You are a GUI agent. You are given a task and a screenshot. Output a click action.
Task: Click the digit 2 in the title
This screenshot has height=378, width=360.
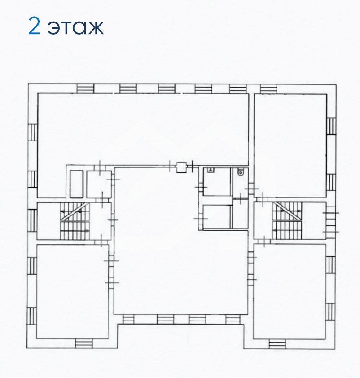(34, 26)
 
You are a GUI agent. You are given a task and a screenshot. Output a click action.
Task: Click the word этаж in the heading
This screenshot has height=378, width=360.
(76, 28)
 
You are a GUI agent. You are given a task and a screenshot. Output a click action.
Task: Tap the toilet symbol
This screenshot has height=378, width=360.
(240, 171)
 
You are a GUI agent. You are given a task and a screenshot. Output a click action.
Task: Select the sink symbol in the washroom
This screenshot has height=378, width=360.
(211, 170)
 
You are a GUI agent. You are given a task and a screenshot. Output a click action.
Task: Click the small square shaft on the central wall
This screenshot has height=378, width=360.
(181, 167)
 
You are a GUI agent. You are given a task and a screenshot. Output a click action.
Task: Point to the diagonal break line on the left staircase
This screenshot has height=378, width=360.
(73, 211)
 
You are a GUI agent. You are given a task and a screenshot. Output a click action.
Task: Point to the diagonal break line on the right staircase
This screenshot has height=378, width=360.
(288, 211)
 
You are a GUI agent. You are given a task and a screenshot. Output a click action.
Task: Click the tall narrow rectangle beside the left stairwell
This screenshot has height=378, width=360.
(76, 184)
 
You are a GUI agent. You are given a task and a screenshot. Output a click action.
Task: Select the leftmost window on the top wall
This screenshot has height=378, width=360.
(85, 88)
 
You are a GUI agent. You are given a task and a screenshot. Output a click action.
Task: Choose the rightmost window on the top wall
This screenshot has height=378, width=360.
(269, 89)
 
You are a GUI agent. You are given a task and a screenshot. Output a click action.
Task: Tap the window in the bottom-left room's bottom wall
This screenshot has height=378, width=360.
(84, 343)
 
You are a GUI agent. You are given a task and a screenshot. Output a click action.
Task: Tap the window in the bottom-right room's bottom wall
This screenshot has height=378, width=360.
(277, 344)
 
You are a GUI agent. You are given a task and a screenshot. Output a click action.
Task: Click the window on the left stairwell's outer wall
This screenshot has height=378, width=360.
(32, 220)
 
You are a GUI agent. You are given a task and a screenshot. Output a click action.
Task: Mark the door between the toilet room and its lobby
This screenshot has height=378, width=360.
(240, 198)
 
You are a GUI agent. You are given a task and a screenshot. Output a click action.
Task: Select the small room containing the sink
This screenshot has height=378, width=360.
(217, 181)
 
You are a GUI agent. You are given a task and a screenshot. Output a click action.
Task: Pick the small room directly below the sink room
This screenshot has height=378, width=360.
(217, 216)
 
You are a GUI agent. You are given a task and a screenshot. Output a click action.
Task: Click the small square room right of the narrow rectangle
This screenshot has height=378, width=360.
(99, 184)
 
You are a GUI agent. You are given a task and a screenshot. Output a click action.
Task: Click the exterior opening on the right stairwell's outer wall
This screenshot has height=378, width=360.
(331, 222)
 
